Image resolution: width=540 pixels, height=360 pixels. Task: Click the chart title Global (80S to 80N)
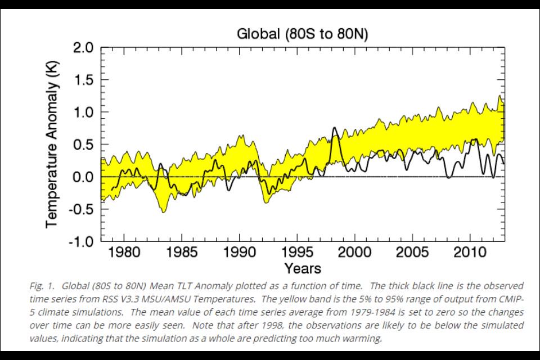point(302,34)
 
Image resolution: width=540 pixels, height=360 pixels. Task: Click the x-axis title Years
point(303,268)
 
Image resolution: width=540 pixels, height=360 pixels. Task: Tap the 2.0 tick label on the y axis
point(82,48)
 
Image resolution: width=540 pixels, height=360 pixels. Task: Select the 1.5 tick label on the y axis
point(82,80)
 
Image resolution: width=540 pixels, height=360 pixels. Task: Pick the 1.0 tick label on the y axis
point(82,112)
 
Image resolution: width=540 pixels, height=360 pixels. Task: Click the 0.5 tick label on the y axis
point(82,145)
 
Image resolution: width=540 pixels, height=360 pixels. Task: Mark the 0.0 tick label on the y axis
point(82,177)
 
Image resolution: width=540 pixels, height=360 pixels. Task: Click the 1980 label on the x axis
point(124,251)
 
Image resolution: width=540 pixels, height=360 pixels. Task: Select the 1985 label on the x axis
point(182,251)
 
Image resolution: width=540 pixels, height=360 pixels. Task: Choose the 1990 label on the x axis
point(240,251)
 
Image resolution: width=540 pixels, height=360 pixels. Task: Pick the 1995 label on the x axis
point(297,251)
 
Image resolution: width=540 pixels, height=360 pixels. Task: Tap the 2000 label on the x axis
point(355,251)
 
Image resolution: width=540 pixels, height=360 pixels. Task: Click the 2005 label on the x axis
point(413,251)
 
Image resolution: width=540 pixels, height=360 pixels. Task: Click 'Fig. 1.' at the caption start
point(40,286)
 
